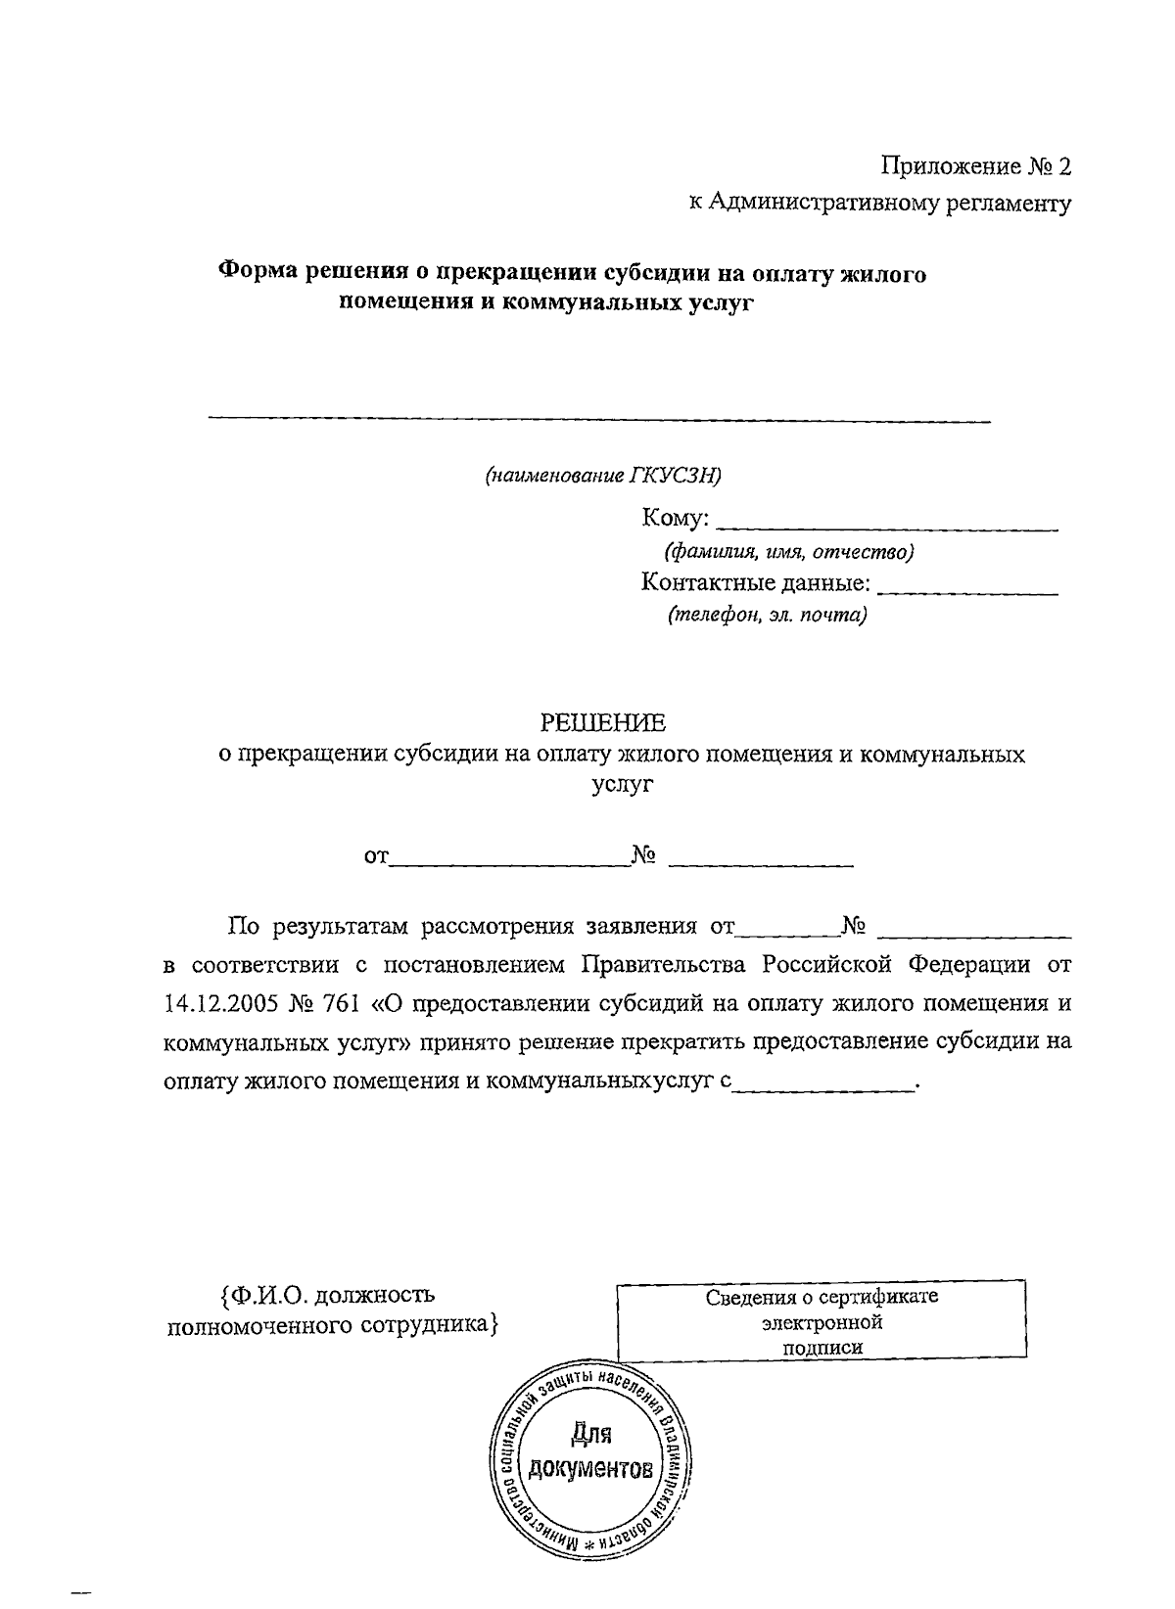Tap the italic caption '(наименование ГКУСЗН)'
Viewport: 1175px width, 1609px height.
pyautogui.click(x=603, y=476)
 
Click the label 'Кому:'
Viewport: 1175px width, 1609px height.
pyautogui.click(x=676, y=518)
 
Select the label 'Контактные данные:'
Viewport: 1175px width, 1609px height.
pyautogui.click(x=755, y=583)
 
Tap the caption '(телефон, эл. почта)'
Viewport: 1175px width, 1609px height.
pyautogui.click(x=768, y=616)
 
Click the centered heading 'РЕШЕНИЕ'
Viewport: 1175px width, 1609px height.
pyautogui.click(x=604, y=723)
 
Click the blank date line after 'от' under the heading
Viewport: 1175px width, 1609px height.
pyautogui.click(x=509, y=861)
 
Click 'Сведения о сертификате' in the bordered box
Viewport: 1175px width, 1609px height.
pyautogui.click(x=822, y=1297)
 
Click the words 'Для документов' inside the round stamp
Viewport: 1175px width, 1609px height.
pyautogui.click(x=590, y=1453)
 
